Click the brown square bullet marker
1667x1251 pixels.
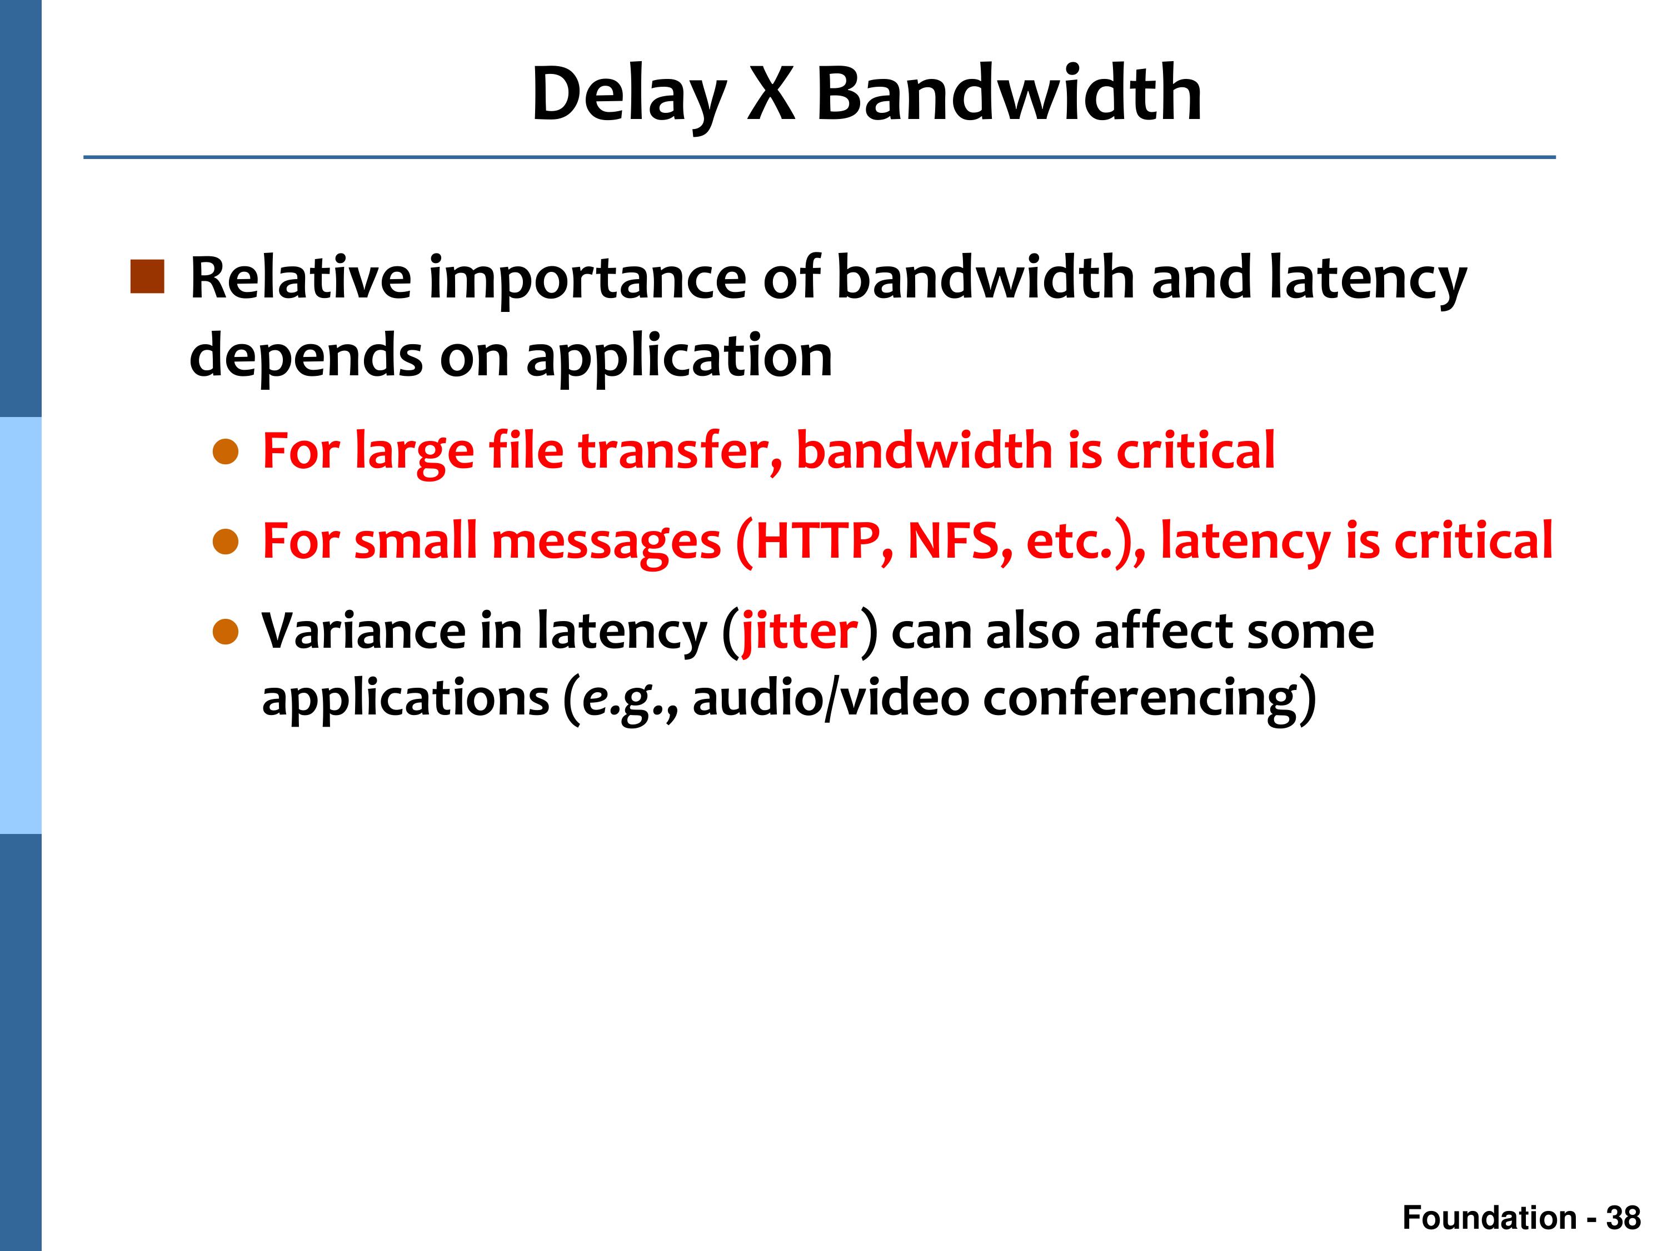pos(147,277)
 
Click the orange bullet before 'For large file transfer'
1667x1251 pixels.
pos(226,453)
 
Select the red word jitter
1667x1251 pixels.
pos(800,632)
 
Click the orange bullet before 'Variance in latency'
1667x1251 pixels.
pos(226,633)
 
